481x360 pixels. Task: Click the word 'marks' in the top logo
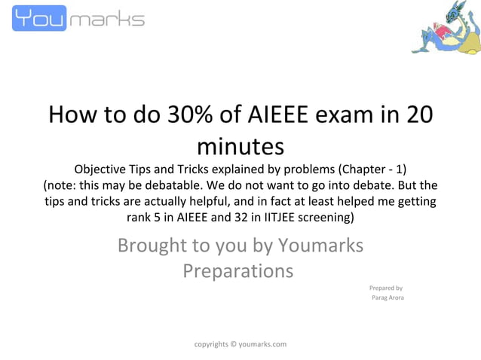click(106, 20)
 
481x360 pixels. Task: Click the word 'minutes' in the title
click(240, 144)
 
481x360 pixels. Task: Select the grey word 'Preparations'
click(238, 270)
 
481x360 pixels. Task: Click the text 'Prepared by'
click(385, 288)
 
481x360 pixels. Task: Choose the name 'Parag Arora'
click(388, 298)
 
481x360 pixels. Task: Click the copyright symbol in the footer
click(232, 344)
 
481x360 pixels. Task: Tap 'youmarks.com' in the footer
click(262, 344)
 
